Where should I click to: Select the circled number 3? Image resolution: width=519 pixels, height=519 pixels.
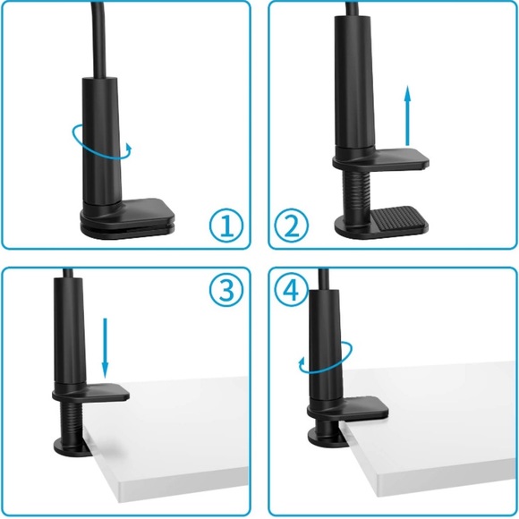225,290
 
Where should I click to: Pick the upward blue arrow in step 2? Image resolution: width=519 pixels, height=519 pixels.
407,116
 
